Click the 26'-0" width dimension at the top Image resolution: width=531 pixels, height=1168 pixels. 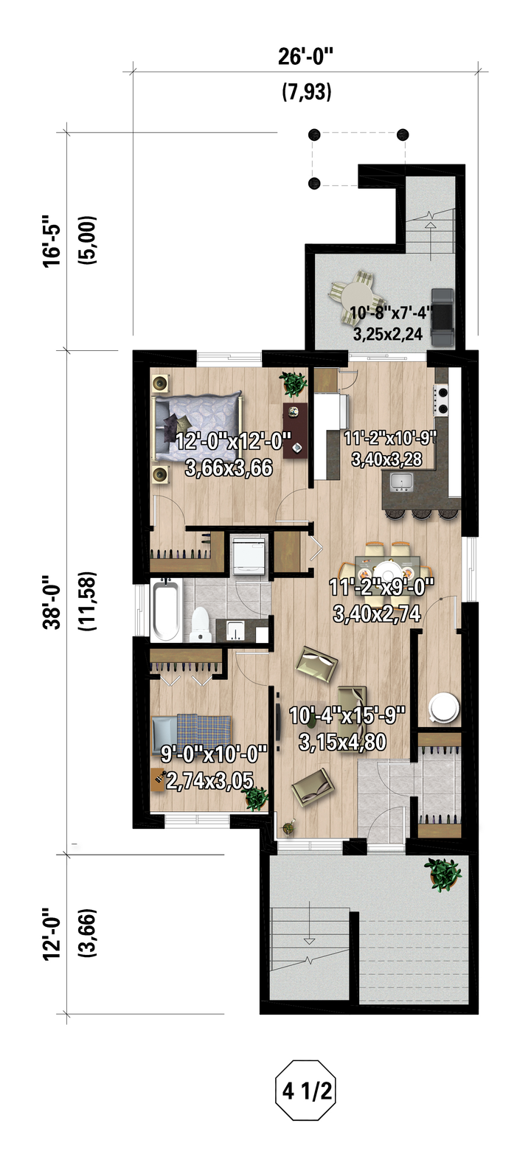305,56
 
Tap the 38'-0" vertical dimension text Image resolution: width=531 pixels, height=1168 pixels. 52,602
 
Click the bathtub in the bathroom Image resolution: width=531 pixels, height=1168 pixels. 166,611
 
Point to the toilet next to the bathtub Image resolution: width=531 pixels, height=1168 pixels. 201,624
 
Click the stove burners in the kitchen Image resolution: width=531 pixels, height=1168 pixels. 442,400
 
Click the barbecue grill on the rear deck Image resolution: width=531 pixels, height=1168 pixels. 442,317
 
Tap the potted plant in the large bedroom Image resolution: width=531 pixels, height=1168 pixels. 292,383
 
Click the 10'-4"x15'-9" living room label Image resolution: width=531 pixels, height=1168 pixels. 347,715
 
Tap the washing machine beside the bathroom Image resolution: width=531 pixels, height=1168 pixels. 249,555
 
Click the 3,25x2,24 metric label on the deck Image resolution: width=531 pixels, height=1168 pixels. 388,334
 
